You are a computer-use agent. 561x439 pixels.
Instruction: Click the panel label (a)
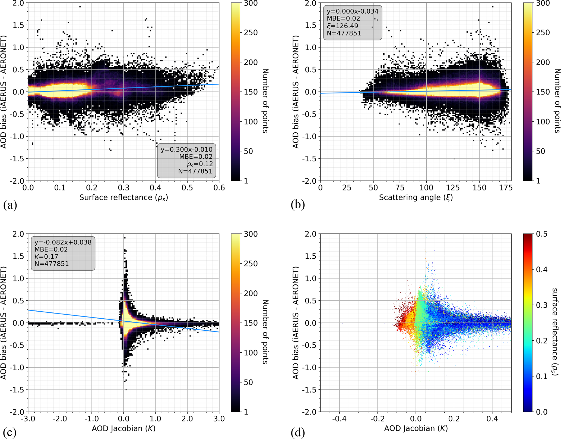click(10, 205)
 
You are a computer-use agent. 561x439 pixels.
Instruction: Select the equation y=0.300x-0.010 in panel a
click(186, 149)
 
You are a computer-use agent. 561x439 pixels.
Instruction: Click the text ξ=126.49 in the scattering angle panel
click(343, 26)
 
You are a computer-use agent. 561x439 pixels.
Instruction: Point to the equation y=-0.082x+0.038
click(63, 242)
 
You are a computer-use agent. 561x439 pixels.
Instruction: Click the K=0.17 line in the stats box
click(46, 257)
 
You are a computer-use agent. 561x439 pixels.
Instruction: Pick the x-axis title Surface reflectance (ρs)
click(123, 197)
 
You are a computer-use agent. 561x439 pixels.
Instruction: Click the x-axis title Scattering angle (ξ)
click(416, 197)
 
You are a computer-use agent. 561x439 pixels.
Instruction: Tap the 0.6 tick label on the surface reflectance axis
click(219, 188)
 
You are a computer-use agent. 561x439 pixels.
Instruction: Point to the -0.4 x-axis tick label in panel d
click(339, 419)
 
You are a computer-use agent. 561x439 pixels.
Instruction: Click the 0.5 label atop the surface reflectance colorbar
click(541, 234)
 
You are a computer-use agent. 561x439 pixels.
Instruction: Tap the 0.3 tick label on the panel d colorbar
click(541, 305)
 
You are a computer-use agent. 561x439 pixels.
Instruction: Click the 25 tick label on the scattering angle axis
click(347, 188)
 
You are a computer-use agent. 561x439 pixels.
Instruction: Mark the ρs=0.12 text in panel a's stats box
click(200, 164)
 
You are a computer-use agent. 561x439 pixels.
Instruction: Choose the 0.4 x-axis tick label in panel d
click(492, 419)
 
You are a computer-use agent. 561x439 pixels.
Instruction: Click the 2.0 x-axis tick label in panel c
click(187, 419)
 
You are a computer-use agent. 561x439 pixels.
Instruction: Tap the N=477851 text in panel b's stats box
click(344, 33)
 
